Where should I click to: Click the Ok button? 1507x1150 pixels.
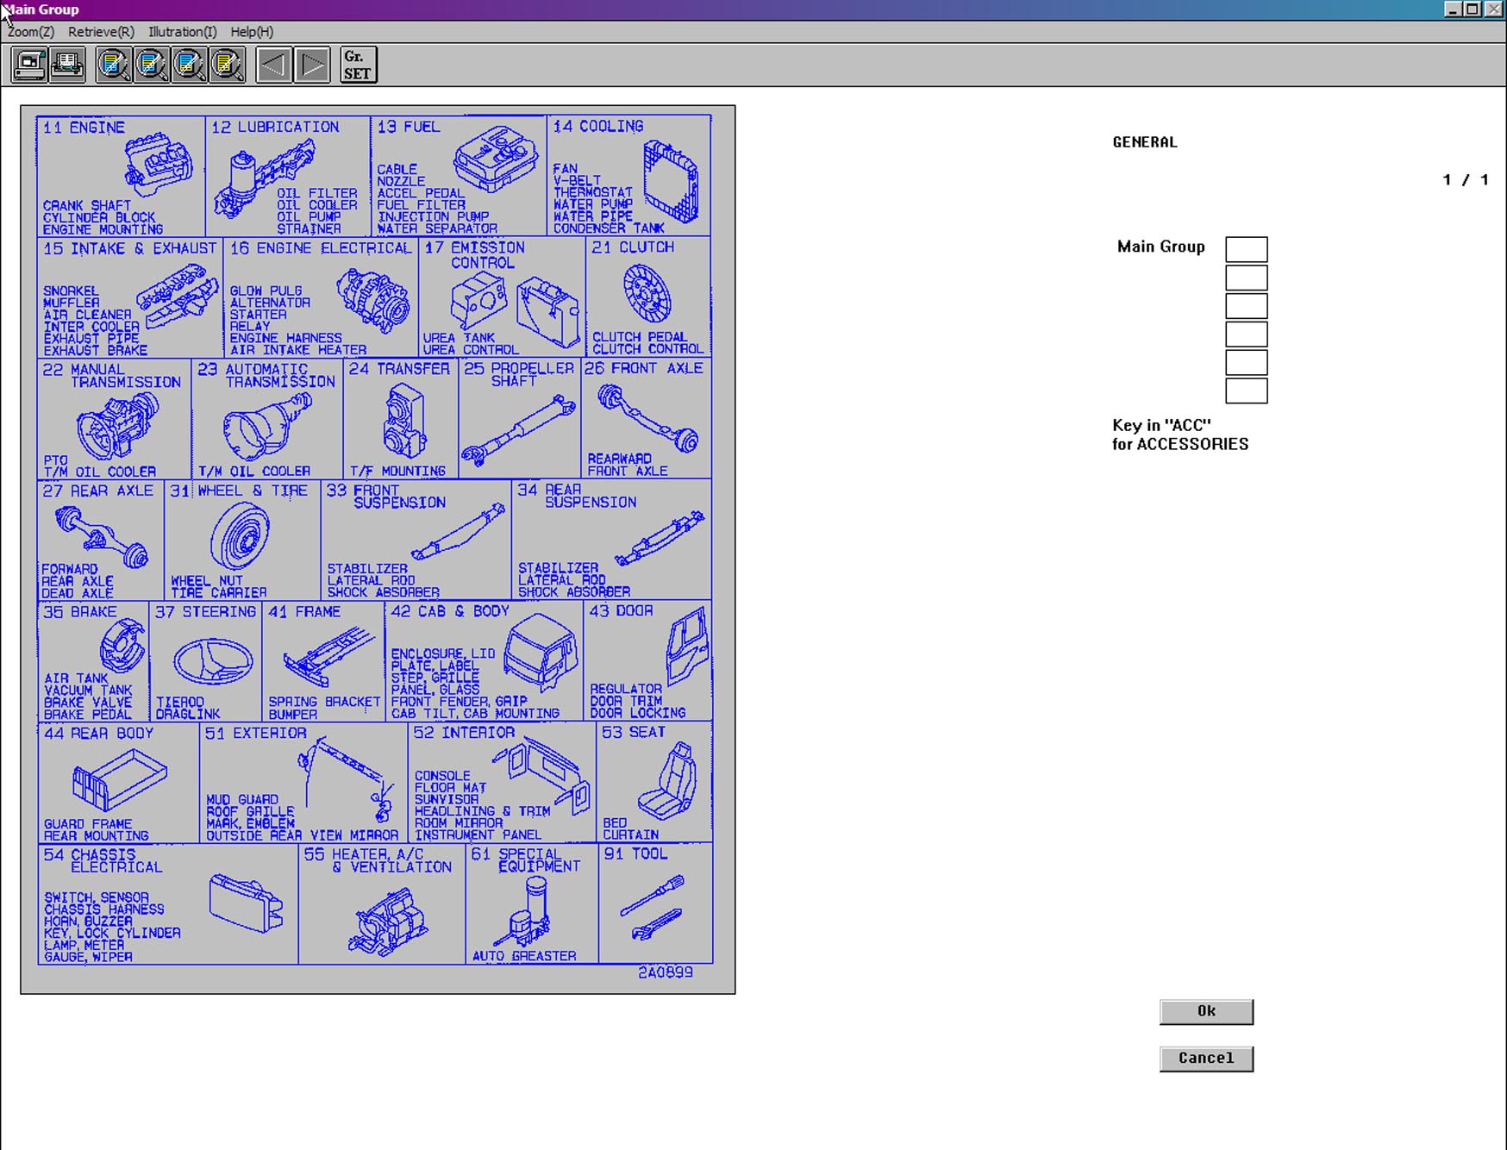pyautogui.click(x=1206, y=1011)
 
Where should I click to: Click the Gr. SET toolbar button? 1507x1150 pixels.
pyautogui.click(x=359, y=66)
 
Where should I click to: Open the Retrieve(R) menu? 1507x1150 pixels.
pyautogui.click(x=101, y=32)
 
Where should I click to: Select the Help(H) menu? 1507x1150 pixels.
pyautogui.click(x=252, y=32)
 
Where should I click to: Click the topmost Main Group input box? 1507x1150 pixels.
pyautogui.click(x=1246, y=249)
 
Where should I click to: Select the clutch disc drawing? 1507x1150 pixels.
pyautogui.click(x=647, y=293)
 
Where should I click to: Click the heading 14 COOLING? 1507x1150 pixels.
pyautogui.click(x=597, y=127)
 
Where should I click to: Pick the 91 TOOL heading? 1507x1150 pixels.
pyautogui.click(x=635, y=853)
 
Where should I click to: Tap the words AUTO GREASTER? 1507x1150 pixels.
pyautogui.click(x=524, y=955)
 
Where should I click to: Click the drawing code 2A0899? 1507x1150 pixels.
pyautogui.click(x=665, y=972)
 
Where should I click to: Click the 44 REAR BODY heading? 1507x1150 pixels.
pyautogui.click(x=98, y=733)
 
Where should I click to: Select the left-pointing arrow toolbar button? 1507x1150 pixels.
pyautogui.click(x=274, y=66)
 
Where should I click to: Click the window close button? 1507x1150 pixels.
pyautogui.click(x=1494, y=9)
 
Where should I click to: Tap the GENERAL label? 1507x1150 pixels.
pyautogui.click(x=1144, y=142)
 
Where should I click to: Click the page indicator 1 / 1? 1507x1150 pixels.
pyautogui.click(x=1466, y=179)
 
